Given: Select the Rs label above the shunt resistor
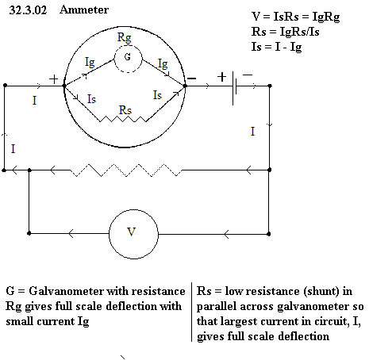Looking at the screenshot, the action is click(125, 110).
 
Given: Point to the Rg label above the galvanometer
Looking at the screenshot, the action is click(124, 37).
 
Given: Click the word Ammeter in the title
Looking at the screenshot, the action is click(84, 10).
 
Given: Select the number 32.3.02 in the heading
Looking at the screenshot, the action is click(28, 10).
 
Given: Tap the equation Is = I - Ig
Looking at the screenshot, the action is click(276, 48).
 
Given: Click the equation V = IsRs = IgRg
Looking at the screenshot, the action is click(295, 17).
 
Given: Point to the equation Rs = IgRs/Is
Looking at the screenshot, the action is click(285, 32).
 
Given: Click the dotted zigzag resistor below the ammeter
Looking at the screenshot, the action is click(126, 170).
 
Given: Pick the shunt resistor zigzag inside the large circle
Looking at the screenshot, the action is click(123, 119).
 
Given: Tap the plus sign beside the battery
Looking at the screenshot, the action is click(222, 77).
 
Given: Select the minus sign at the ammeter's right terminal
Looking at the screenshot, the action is click(191, 79).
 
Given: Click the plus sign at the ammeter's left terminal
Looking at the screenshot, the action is click(54, 79).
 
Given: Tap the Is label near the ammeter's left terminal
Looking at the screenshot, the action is click(91, 99).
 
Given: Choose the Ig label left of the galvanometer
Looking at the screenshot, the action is click(90, 63).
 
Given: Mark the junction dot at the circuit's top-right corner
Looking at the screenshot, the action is click(270, 86).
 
